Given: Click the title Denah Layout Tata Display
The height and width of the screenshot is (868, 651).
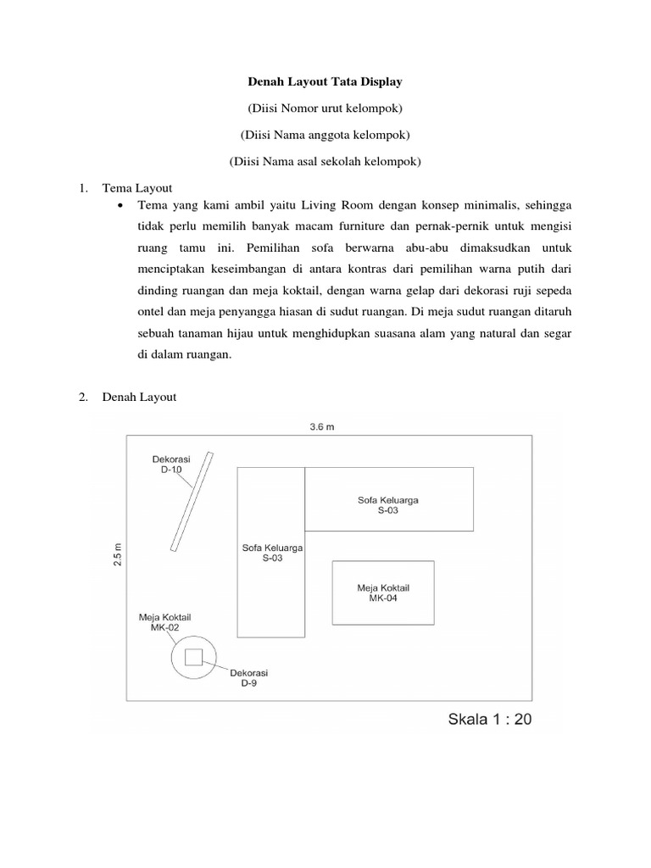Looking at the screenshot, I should [x=325, y=82].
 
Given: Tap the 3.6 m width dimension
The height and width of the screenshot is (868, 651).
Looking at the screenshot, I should [x=322, y=427].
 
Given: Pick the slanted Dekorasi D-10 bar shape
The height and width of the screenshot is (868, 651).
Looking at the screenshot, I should [x=192, y=502].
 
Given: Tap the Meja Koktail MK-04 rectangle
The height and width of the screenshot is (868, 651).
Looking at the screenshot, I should [x=383, y=593].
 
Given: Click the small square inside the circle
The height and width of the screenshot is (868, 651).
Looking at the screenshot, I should [x=194, y=657].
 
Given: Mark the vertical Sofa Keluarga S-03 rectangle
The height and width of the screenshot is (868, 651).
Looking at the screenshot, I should [x=271, y=585].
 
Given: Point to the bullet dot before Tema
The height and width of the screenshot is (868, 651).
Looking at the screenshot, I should [x=121, y=207].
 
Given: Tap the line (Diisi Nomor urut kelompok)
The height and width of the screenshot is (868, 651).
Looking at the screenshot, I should [x=325, y=108].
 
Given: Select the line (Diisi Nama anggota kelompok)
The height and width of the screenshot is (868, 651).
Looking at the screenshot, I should [x=325, y=135].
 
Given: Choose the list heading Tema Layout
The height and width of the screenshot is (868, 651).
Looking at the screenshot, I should [x=136, y=188].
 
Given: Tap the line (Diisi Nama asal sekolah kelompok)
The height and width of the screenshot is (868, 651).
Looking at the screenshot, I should [x=325, y=161].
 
